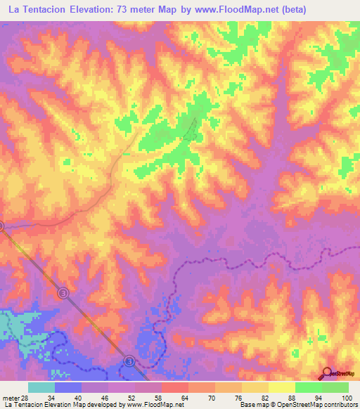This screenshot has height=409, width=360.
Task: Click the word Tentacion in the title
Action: click(45, 9)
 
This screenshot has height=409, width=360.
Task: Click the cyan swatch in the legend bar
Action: click(41, 387)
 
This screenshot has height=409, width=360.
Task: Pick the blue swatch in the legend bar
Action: click(67, 387)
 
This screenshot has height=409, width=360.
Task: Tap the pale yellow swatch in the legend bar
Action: click(281, 387)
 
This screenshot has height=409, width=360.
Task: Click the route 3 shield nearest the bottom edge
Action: click(129, 361)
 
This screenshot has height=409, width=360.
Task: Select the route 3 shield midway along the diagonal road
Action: click(63, 292)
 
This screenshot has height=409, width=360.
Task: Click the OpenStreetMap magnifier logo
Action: click(328, 372)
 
